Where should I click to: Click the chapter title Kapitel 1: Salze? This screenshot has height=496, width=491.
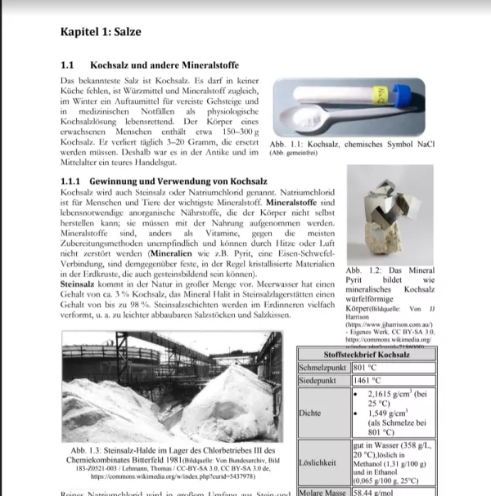point(101,32)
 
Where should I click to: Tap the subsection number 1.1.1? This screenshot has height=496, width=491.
point(74,179)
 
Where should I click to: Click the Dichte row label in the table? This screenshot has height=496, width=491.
point(312,413)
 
